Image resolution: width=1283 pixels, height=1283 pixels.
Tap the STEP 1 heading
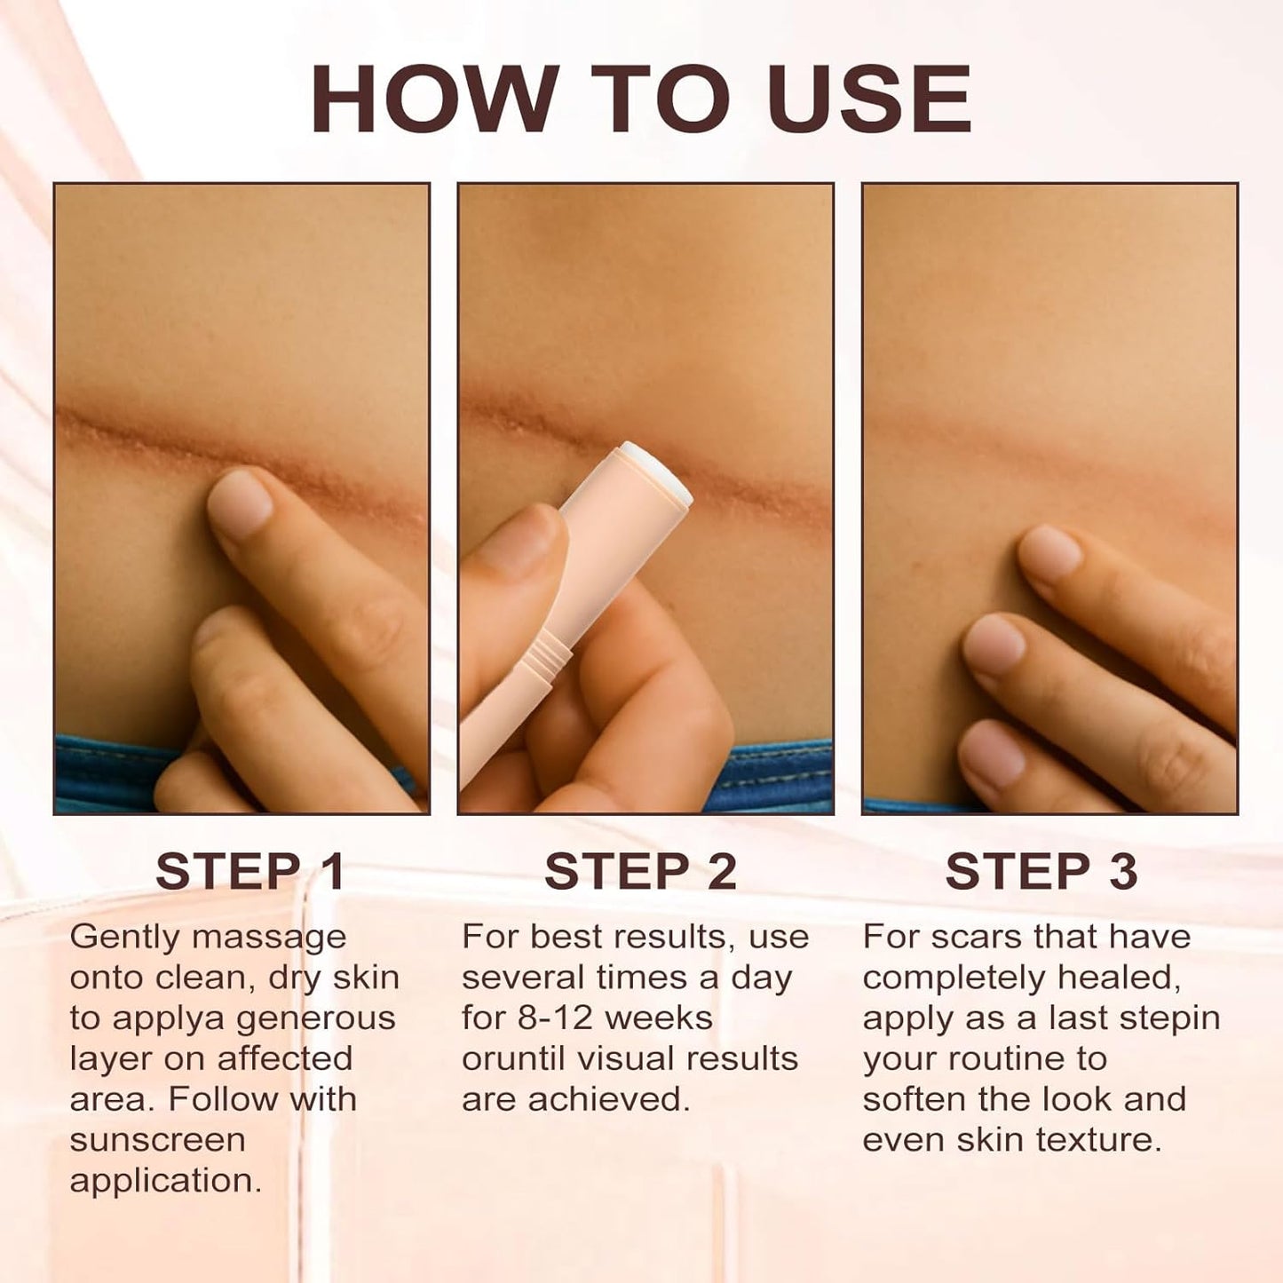point(250,871)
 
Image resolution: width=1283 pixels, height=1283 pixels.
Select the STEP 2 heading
point(640,871)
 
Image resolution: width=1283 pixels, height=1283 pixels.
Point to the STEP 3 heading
point(1041,871)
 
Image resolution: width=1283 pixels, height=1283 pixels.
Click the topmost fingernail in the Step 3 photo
point(1050,552)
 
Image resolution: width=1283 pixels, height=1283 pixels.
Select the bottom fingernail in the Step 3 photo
point(993,753)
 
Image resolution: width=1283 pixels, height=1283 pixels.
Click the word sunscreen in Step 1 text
point(157,1139)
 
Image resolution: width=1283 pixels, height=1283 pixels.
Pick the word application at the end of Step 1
point(165,1180)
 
